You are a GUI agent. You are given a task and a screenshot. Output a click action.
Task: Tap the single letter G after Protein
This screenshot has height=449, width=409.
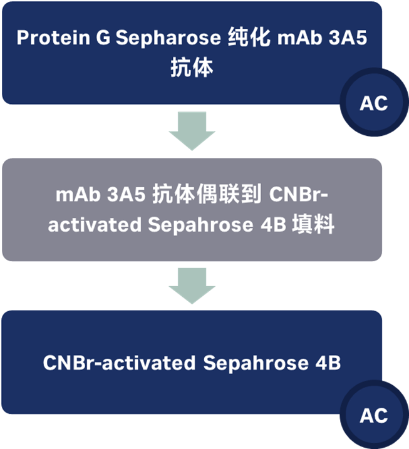[x=103, y=38]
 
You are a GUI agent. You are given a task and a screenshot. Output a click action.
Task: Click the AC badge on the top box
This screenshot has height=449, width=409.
[x=374, y=103]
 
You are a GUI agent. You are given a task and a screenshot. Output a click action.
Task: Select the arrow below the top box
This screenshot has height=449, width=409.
[x=192, y=131]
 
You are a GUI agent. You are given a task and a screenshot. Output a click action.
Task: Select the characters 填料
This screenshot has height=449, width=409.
[x=314, y=225]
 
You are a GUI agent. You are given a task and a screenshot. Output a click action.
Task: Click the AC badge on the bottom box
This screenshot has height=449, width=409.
[x=374, y=415]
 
